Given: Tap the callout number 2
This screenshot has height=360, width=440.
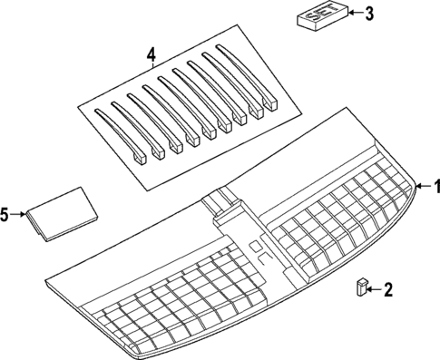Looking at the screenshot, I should click(x=387, y=290).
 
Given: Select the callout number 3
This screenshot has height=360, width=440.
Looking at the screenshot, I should click(x=367, y=14).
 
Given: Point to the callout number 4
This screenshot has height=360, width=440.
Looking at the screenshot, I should click(x=152, y=56).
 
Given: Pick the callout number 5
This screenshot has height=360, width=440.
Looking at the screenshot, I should click(x=5, y=215).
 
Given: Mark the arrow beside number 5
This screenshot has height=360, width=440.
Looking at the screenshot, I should click(x=20, y=215).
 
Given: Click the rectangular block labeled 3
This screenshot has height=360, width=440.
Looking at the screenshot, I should click(x=319, y=17).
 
